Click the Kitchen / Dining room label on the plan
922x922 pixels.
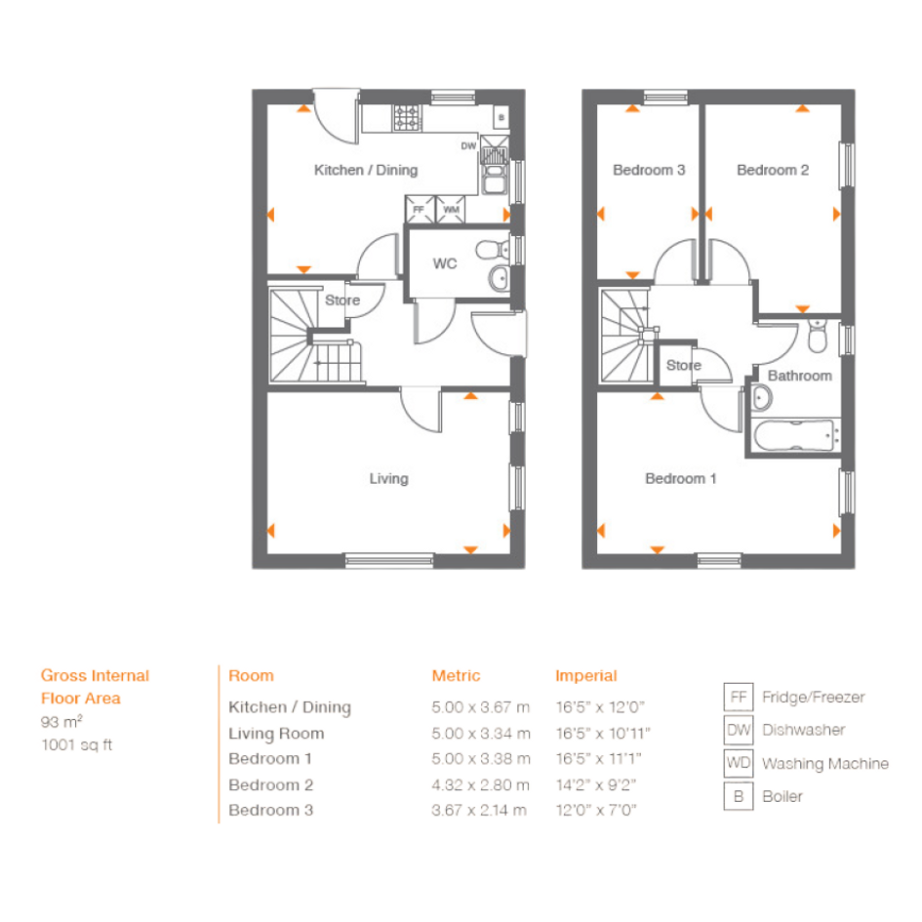pos(366,170)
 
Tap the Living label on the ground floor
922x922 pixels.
pos(388,479)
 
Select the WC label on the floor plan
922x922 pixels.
pos(445,263)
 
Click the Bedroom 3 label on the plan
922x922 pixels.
pos(649,170)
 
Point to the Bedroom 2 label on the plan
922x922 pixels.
pos(773,170)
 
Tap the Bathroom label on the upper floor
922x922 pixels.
pos(800,376)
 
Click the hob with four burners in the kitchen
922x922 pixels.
pos(408,118)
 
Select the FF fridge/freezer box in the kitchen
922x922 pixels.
pos(420,210)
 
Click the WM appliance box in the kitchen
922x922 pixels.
pos(451,210)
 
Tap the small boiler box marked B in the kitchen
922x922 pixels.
pos(501,117)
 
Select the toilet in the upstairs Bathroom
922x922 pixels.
pos(818,336)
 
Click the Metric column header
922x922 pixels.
pos(456,675)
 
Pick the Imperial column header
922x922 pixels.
pos(586,675)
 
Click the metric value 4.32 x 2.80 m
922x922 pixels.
pos(480,785)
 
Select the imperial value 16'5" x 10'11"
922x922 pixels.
pos(603,734)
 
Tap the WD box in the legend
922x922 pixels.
pos(739,763)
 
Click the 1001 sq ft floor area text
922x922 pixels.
pos(76,745)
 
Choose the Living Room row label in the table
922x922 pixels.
pos(276,734)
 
